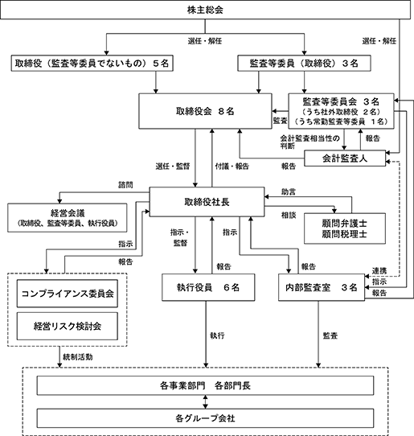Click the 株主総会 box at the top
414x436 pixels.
[x=205, y=10]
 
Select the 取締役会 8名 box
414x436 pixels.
[x=205, y=111]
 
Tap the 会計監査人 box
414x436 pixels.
[x=345, y=158]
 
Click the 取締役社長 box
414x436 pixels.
[x=207, y=202]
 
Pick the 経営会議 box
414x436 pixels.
[x=68, y=218]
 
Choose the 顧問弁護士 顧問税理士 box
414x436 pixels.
[x=345, y=228]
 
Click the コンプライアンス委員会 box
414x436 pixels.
[x=68, y=294]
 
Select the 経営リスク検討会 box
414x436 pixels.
[x=68, y=326]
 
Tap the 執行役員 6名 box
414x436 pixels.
[x=208, y=287]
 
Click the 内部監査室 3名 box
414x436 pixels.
[x=322, y=287]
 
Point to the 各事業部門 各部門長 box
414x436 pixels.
[x=205, y=385]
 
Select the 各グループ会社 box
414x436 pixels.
[x=205, y=418]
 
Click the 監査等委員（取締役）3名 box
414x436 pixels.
[x=304, y=63]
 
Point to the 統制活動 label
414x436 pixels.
[x=78, y=357]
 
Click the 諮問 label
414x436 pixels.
[x=125, y=185]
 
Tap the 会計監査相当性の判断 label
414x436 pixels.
[x=309, y=142]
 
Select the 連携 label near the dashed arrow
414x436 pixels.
[x=379, y=270]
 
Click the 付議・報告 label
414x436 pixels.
[x=232, y=167]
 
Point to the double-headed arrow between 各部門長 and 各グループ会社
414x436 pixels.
[x=205, y=401]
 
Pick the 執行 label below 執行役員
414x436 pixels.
[x=217, y=335]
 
